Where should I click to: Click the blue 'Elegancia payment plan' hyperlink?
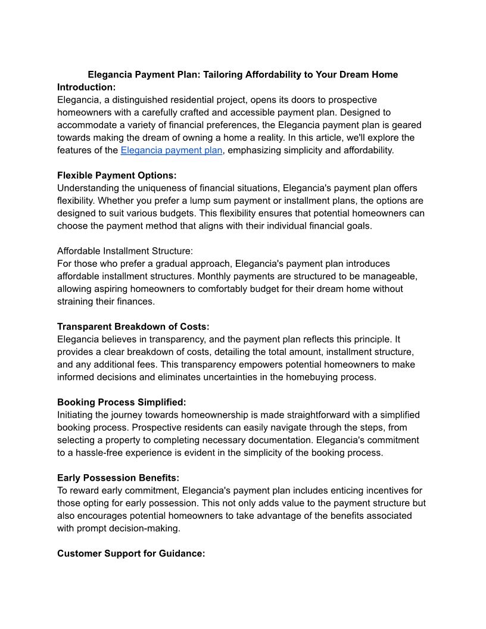click(172, 150)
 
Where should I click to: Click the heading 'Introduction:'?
click(86, 87)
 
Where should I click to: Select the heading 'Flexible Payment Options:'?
click(117, 175)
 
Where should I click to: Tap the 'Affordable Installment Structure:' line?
click(125, 251)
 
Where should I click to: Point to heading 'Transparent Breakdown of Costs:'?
click(133, 326)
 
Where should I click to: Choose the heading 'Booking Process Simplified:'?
click(121, 402)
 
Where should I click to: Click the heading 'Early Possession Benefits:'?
click(118, 478)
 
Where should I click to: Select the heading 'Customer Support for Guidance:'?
click(131, 553)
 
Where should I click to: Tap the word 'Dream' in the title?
click(354, 74)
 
